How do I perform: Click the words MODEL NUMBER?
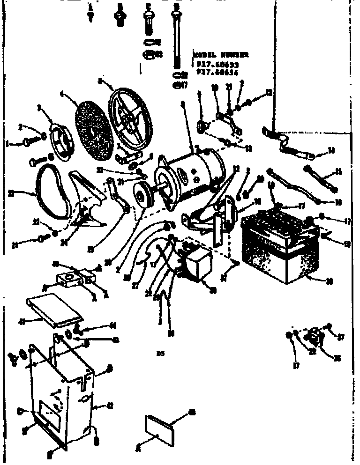pyautogui.click(x=221, y=55)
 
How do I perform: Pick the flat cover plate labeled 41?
pyautogui.click(x=53, y=309)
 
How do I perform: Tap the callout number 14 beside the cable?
pyautogui.click(x=332, y=151)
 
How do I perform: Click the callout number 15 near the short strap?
pyautogui.click(x=339, y=172)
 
